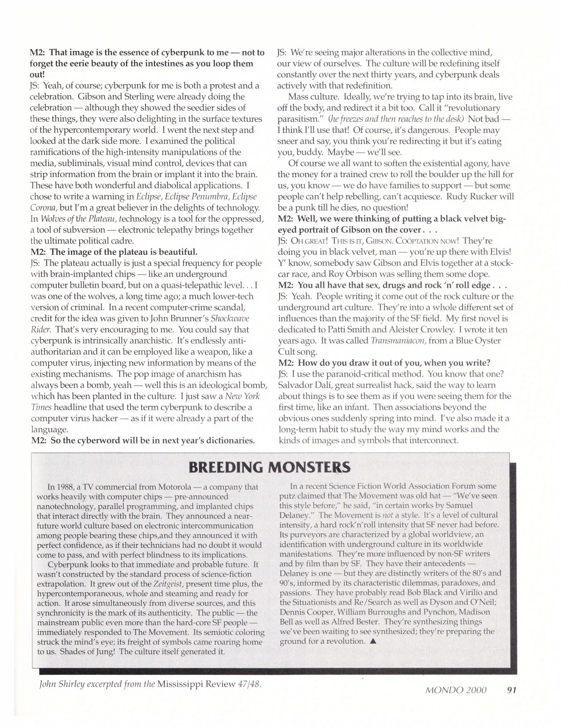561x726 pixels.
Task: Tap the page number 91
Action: [x=511, y=690]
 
